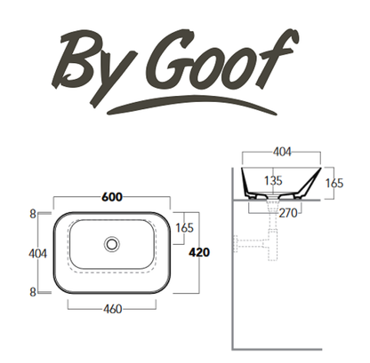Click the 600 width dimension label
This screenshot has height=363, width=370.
click(112, 197)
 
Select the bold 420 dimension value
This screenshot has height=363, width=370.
click(199, 252)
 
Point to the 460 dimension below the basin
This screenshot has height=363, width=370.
click(113, 309)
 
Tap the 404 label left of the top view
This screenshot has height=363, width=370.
click(37, 254)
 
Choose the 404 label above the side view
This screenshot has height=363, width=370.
click(282, 152)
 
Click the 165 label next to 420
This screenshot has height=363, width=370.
click(184, 228)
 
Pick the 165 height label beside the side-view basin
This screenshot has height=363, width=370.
click(334, 183)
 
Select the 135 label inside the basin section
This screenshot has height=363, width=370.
click(273, 180)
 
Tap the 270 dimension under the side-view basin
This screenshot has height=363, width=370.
click(288, 213)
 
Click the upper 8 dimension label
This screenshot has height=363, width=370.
click(33, 214)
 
